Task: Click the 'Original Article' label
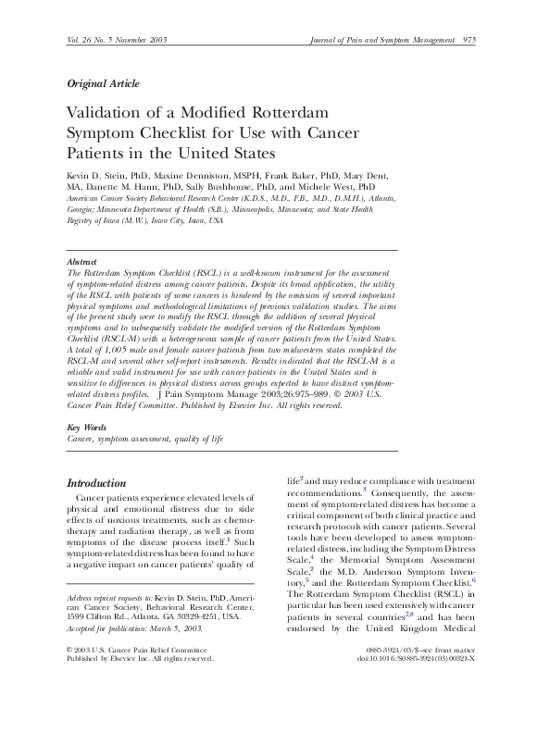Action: (104, 83)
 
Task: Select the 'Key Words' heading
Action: (87, 428)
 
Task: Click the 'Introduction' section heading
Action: (97, 483)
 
